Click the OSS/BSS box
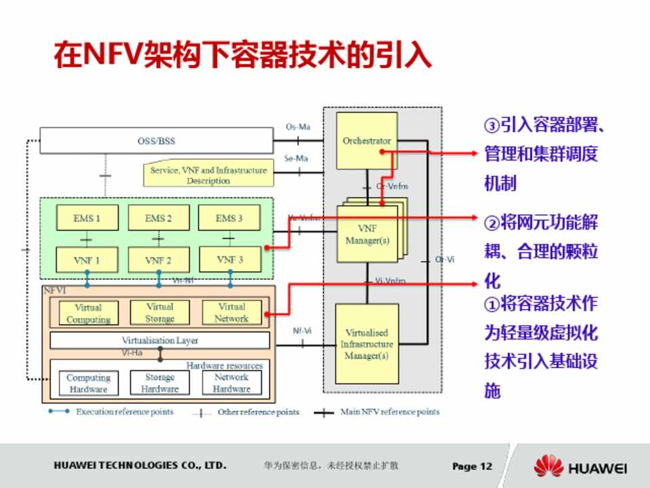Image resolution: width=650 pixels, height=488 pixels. [156, 141]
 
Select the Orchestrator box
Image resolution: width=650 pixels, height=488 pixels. [366, 141]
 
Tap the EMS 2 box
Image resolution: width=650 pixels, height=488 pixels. [158, 218]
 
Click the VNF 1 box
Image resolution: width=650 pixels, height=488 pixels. [87, 260]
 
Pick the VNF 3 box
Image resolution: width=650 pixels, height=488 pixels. [230, 260]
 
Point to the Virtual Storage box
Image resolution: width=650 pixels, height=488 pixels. [160, 312]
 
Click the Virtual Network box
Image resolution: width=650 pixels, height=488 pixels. [232, 312]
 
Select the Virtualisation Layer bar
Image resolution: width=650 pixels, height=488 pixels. [160, 340]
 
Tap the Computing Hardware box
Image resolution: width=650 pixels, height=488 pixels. [88, 383]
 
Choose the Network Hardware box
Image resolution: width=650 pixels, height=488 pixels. [232, 383]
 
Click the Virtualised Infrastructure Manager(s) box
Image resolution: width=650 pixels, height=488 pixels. [366, 344]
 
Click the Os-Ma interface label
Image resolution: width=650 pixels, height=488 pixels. [298, 127]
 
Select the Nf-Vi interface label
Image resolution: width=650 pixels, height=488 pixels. [302, 331]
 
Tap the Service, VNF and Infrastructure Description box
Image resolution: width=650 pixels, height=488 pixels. [209, 176]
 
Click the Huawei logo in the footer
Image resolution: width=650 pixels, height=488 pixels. [581, 467]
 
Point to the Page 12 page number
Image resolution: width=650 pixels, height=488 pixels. [472, 466]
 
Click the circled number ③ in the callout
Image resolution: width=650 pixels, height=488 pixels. [492, 126]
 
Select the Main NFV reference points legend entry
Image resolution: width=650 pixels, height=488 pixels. [389, 412]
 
